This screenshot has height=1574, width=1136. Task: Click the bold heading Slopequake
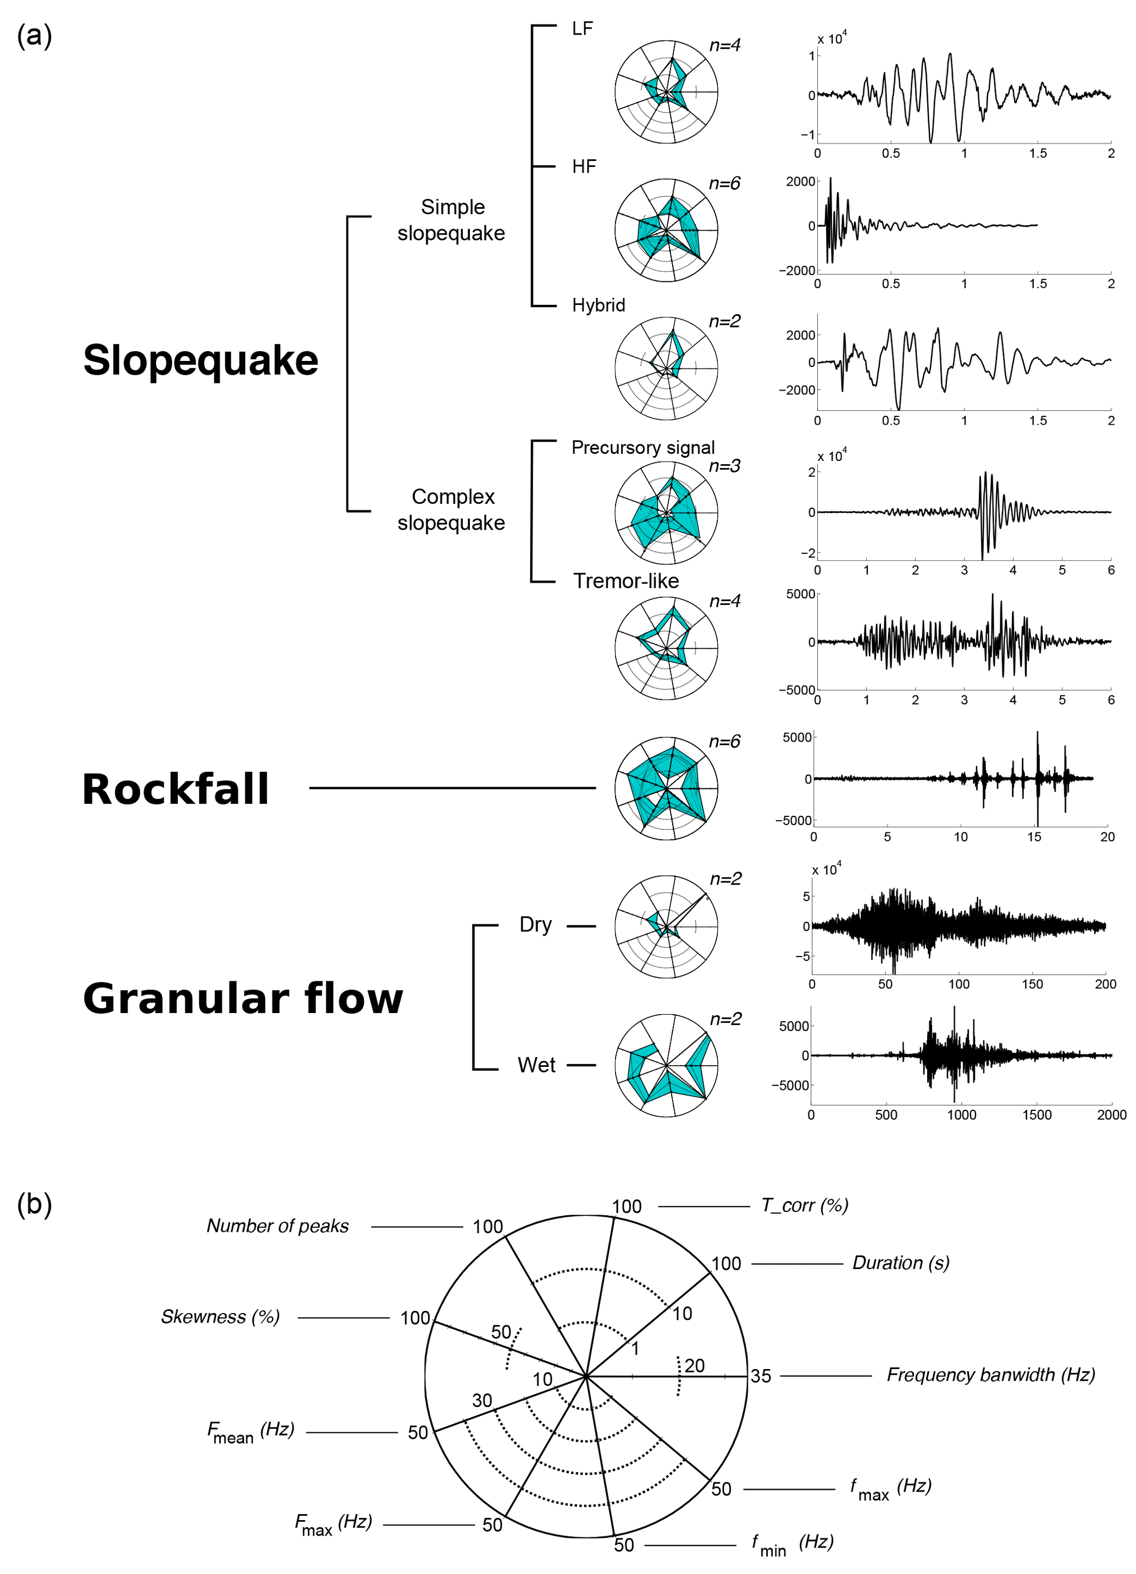pyautogui.click(x=200, y=360)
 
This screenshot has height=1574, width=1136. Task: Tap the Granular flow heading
pyautogui.click(x=242, y=998)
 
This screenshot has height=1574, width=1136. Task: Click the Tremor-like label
pyautogui.click(x=625, y=581)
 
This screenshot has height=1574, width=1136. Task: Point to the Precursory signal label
pyautogui.click(x=642, y=448)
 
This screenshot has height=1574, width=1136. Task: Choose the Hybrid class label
pyautogui.click(x=598, y=305)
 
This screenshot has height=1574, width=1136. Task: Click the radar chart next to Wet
pyautogui.click(x=666, y=1065)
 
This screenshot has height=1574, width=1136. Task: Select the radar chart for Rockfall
pyautogui.click(x=666, y=789)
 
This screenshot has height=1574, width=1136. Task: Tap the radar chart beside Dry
pyautogui.click(x=666, y=926)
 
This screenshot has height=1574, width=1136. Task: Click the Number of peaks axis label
pyautogui.click(x=278, y=1226)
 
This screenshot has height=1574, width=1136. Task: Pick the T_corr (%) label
pyautogui.click(x=804, y=1205)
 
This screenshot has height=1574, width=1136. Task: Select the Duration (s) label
pyautogui.click(x=901, y=1263)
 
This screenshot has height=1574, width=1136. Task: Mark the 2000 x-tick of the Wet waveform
pyautogui.click(x=1111, y=1115)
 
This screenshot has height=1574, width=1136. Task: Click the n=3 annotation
pyautogui.click(x=724, y=466)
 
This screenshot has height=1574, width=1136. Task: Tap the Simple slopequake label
pyautogui.click(x=451, y=220)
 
